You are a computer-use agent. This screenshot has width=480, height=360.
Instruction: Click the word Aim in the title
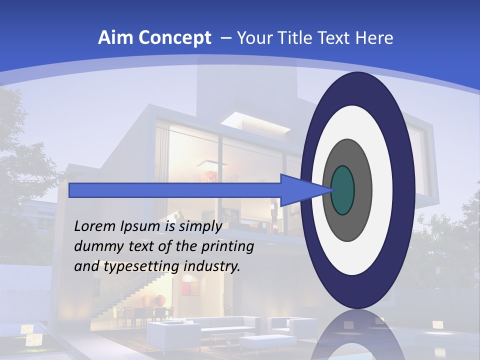pyautogui.click(x=112, y=38)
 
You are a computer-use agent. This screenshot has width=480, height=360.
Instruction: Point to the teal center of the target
pyautogui.click(x=342, y=190)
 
